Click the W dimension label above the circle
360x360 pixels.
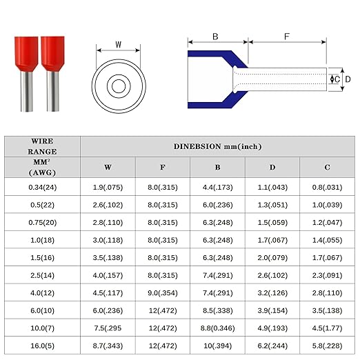tap(118, 44)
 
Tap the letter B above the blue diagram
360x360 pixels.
tap(215, 37)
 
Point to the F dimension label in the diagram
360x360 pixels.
tap(287, 37)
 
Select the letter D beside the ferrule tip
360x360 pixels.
tap(348, 79)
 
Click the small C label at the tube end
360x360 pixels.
tap(337, 79)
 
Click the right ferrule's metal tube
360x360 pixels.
tap(52, 92)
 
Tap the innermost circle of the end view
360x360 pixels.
tap(119, 86)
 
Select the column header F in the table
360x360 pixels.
tap(163, 167)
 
